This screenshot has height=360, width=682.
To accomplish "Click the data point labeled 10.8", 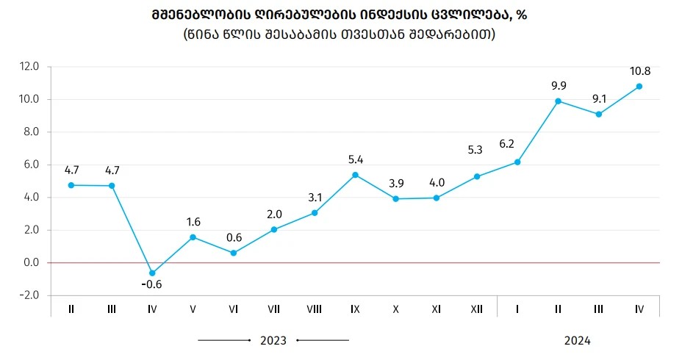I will pos(639,87).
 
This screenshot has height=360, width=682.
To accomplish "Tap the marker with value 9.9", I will pos(558,101).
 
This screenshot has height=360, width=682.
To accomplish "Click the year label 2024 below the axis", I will pos(578,341).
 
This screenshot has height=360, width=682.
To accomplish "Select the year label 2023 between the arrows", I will pos(273,341).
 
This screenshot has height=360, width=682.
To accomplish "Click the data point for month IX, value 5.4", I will pos(355,175).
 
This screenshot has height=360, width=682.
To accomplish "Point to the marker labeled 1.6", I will pos(193,237).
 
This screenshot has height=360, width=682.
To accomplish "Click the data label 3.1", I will pos(315,196).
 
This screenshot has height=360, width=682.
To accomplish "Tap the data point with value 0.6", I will pos(233,253).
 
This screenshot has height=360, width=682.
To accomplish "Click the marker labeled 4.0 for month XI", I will pos(436,198).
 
